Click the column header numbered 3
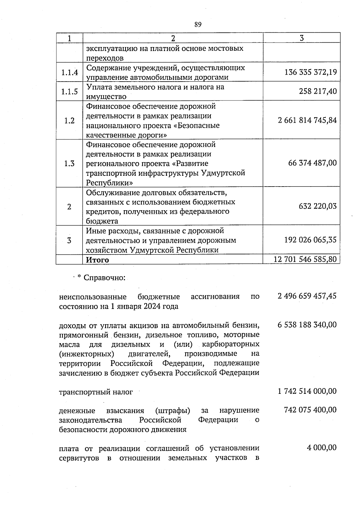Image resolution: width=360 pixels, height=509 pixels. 301,38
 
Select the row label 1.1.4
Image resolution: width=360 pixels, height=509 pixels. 69,72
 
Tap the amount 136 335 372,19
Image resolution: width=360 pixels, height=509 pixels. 310,72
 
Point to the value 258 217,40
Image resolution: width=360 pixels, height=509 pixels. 318,91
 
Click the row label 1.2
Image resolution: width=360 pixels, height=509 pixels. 69,121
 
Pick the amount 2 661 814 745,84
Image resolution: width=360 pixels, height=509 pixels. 307,121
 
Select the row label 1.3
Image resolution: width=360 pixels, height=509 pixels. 69,163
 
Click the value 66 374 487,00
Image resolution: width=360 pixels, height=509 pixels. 312,163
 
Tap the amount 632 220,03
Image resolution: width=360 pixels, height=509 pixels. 318,206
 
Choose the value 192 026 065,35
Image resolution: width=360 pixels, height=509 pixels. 310,240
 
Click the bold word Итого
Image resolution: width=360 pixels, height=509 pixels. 97,260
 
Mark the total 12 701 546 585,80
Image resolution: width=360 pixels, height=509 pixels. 305,259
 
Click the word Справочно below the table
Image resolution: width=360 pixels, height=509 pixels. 104,278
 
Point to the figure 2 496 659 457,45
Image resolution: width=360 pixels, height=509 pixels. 307,296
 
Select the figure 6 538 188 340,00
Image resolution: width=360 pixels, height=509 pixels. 307,325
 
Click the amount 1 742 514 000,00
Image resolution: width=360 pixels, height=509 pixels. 307,391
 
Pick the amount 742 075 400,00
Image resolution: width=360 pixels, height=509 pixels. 310,410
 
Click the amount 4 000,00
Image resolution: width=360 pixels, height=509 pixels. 321,448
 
